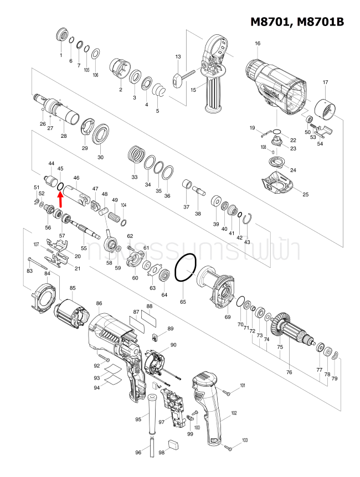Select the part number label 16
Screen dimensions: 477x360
(257, 44)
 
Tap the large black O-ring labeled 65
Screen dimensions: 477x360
(185, 268)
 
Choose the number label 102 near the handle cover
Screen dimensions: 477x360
(234, 413)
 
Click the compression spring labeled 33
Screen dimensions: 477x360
(135, 153)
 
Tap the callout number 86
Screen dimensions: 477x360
(99, 303)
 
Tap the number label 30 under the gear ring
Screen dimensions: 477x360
(100, 157)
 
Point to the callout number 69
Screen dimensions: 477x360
(227, 317)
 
